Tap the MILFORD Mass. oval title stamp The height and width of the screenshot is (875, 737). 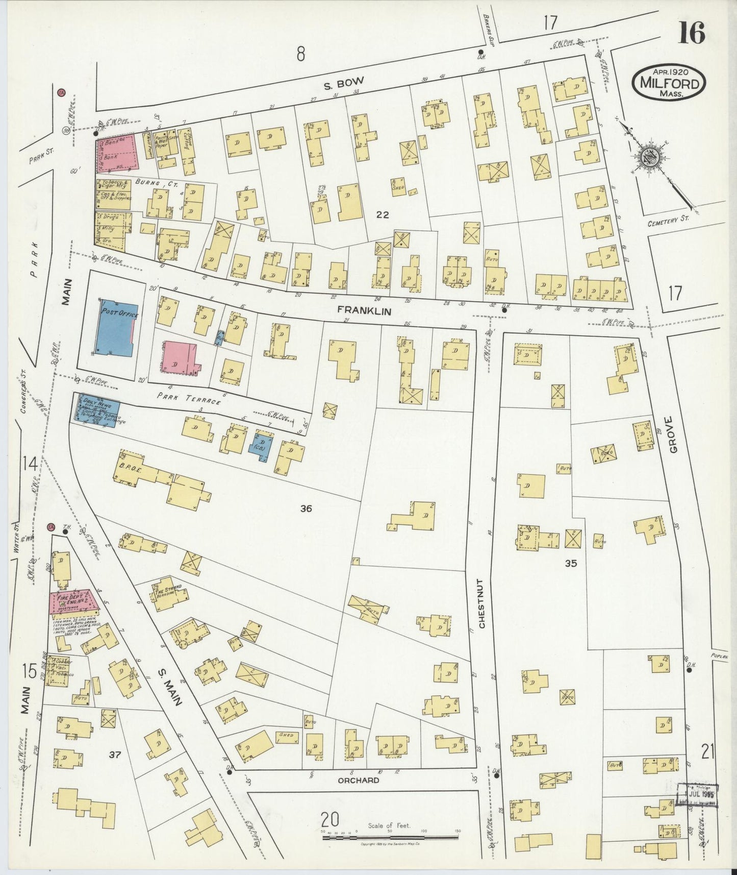670,82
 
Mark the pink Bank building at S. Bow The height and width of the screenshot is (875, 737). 118,152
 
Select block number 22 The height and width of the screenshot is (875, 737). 382,215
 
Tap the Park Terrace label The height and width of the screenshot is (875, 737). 189,398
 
